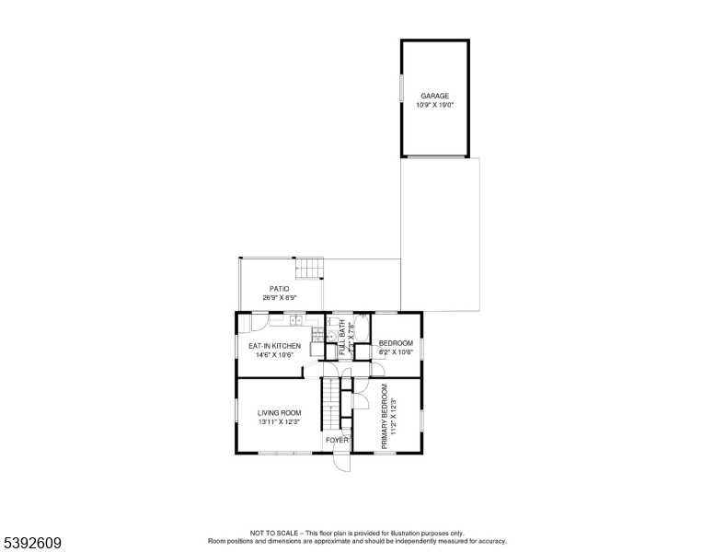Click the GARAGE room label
coord(434,96)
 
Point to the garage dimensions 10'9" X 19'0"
coord(434,105)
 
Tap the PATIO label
coord(279,289)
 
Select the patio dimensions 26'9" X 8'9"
coord(279,298)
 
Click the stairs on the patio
coord(310,268)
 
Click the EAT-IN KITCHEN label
coord(274,346)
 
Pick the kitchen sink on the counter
coord(295,320)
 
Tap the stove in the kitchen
coord(317,338)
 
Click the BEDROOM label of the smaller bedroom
coord(397,343)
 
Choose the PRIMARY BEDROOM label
coord(385,416)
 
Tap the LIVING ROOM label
coord(280,413)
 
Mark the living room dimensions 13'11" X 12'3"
coord(280,422)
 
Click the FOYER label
coord(337,441)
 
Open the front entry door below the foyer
coord(340,463)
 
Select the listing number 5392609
coord(31,543)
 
